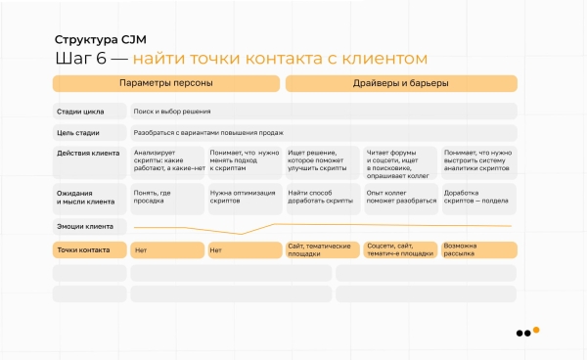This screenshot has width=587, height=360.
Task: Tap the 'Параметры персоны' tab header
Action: tap(165, 83)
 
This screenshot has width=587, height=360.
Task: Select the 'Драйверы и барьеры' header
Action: tap(401, 83)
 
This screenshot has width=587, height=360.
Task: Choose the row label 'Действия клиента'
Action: tap(88, 154)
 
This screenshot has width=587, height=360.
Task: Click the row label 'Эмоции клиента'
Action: tap(85, 226)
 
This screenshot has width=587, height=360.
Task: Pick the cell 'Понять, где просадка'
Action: tap(167, 198)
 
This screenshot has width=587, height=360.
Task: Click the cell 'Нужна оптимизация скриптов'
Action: tap(245, 198)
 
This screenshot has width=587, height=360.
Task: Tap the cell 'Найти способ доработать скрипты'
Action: tap(322, 198)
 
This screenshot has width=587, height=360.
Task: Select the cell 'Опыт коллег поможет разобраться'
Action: tap(400, 198)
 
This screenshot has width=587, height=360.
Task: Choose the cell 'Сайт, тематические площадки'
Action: tap(322, 249)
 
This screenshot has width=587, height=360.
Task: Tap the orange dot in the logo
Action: tap(535, 330)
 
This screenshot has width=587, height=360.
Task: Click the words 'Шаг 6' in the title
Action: tap(79, 60)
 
